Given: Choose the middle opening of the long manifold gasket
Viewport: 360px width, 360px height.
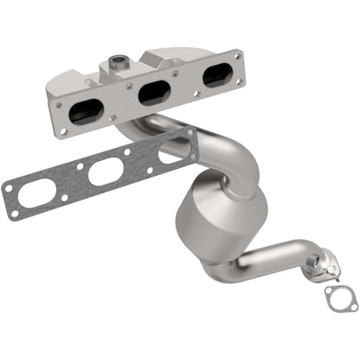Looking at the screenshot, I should point(101,171).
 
